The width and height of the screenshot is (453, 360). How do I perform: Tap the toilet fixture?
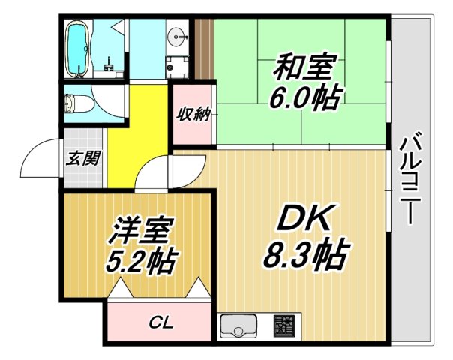pyautogui.click(x=77, y=103)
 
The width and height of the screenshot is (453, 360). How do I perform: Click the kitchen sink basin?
pyautogui.click(x=238, y=326)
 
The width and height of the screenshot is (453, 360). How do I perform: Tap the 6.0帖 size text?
pyautogui.click(x=303, y=97)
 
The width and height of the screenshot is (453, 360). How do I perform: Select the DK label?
pyautogui.click(x=304, y=219)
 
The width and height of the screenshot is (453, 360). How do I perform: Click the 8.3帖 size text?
pyautogui.click(x=304, y=255)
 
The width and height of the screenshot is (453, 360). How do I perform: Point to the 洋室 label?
pyautogui.click(x=139, y=230)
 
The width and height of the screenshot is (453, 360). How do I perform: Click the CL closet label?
pyautogui.click(x=160, y=323)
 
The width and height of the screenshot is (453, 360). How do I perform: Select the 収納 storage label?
pyautogui.click(x=193, y=115)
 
